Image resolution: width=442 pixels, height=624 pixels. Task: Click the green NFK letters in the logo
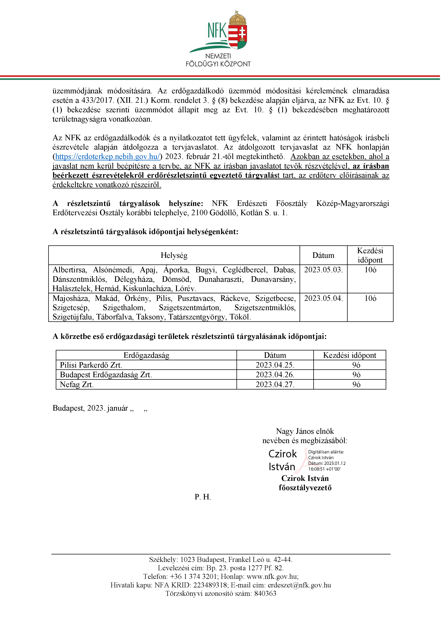coord(217,31)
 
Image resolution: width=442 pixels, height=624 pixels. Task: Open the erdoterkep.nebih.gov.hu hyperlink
coord(107,157)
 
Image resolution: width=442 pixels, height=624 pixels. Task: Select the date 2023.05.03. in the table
coord(323,270)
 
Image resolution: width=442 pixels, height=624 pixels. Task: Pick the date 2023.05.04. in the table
coord(323,298)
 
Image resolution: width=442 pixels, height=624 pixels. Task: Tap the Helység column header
coord(174,255)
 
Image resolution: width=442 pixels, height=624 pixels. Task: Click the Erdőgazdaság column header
coord(146,355)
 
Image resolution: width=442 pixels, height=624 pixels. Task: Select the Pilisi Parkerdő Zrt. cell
coord(91,365)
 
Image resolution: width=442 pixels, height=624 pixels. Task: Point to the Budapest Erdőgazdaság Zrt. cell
coord(106,375)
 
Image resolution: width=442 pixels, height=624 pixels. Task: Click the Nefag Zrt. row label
coord(76,385)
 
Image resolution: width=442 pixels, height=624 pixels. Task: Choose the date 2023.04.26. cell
coord(275,375)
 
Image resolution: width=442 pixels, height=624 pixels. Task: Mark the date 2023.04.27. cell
coord(275,385)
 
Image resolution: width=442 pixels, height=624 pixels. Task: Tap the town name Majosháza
coord(71,298)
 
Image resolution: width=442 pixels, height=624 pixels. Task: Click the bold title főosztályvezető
coord(305,487)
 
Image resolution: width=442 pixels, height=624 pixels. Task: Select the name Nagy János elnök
coord(305,431)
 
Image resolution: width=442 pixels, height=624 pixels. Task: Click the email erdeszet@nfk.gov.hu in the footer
coord(299,585)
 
